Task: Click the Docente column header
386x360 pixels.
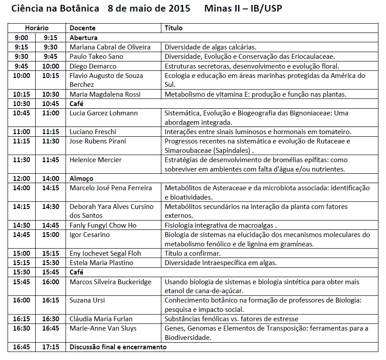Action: pos(82,28)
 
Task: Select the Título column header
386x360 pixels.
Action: pos(173,28)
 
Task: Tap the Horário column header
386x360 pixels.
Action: pos(37,28)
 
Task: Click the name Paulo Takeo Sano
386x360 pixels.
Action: pos(96,57)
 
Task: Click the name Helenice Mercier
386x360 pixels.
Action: pos(95,160)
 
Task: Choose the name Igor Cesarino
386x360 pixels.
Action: pos(90,235)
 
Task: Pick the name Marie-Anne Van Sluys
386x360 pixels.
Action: pos(103,328)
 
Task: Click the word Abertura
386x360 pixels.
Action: pos(83,38)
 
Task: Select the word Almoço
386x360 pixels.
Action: pos(82,179)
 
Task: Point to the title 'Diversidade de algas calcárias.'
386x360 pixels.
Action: pos(210,47)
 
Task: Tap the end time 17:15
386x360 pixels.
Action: pos(50,347)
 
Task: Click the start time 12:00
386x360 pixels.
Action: pos(21,179)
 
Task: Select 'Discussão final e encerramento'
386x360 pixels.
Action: pos(118,347)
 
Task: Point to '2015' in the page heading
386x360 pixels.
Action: pos(178,8)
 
